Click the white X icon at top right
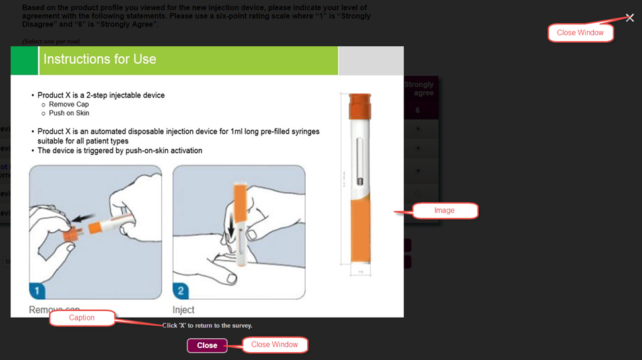coord(629,18)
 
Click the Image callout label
coord(445,211)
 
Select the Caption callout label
coord(82,318)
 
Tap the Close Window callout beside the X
coord(581,33)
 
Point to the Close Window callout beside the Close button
coord(274,345)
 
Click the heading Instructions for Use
coord(100,59)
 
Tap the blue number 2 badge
coord(182,291)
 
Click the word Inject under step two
coord(184,310)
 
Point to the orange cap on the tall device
coord(359,102)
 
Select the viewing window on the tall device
coord(359,162)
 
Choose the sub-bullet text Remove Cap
coord(69,104)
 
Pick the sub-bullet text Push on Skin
coord(69,113)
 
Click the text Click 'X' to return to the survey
coord(207,326)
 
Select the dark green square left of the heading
coord(24,61)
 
